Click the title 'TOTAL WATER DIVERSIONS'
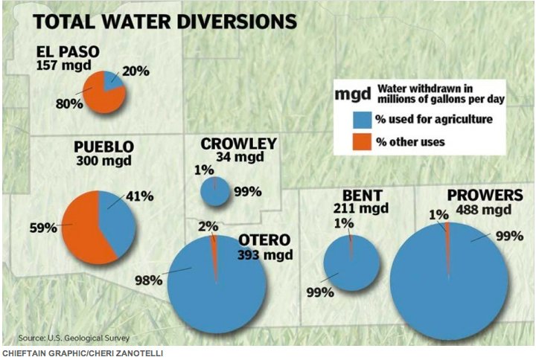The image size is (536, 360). pos(164,21)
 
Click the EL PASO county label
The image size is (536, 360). pos(68,52)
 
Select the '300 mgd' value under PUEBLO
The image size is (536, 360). pos(102,160)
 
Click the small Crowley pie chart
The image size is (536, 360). pos(216,192)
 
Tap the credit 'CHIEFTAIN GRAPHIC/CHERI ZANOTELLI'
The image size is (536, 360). pos(82,353)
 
